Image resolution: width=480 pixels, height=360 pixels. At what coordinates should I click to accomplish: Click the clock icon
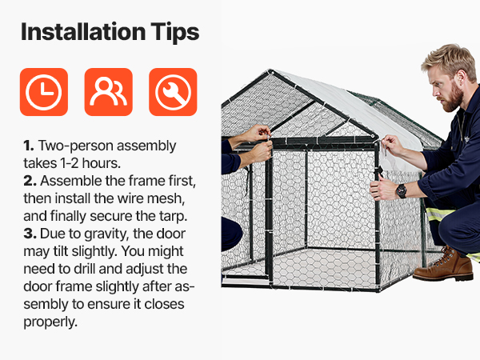click(44, 92)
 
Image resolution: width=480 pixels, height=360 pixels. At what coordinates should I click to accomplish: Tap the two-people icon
click(108, 92)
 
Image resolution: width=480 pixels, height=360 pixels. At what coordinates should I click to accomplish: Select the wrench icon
click(173, 92)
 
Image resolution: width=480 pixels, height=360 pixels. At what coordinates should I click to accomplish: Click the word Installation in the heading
click(83, 32)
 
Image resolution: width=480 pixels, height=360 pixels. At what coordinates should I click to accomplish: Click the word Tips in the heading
click(175, 33)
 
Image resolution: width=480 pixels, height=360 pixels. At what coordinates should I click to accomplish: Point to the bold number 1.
click(29, 146)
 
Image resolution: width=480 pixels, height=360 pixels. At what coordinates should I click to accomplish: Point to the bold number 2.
click(30, 181)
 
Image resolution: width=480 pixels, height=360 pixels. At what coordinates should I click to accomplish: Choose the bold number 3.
click(30, 234)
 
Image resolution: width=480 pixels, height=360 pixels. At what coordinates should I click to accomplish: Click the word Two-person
click(76, 146)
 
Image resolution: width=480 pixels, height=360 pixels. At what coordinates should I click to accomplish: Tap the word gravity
click(106, 234)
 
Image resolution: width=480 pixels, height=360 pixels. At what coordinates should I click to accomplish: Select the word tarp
click(173, 217)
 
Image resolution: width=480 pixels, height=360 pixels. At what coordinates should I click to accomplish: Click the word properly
click(50, 322)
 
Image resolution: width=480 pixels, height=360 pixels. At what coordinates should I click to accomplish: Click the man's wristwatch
click(401, 191)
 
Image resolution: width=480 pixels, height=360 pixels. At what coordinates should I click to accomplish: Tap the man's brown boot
click(443, 265)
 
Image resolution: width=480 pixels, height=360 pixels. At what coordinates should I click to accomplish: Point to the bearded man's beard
click(453, 98)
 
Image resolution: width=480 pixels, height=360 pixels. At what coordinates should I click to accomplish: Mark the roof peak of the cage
click(270, 71)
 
